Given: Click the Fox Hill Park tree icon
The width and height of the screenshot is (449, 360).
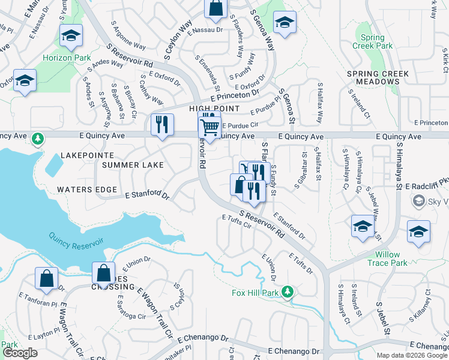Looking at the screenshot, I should click(288, 292).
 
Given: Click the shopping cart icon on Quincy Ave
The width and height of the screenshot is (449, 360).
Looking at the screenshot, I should click(209, 127).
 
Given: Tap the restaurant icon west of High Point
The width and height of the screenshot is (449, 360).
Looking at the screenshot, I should click(162, 125).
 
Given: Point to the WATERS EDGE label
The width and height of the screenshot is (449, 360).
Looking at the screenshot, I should click(87, 190).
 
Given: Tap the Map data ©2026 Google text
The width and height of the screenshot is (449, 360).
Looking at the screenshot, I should click(412, 355).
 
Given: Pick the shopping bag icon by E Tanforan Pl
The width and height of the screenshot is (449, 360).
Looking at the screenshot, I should click(47, 278).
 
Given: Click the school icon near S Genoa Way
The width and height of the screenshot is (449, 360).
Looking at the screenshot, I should click(285, 23).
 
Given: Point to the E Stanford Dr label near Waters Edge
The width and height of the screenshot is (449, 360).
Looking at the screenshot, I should click(148, 194).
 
